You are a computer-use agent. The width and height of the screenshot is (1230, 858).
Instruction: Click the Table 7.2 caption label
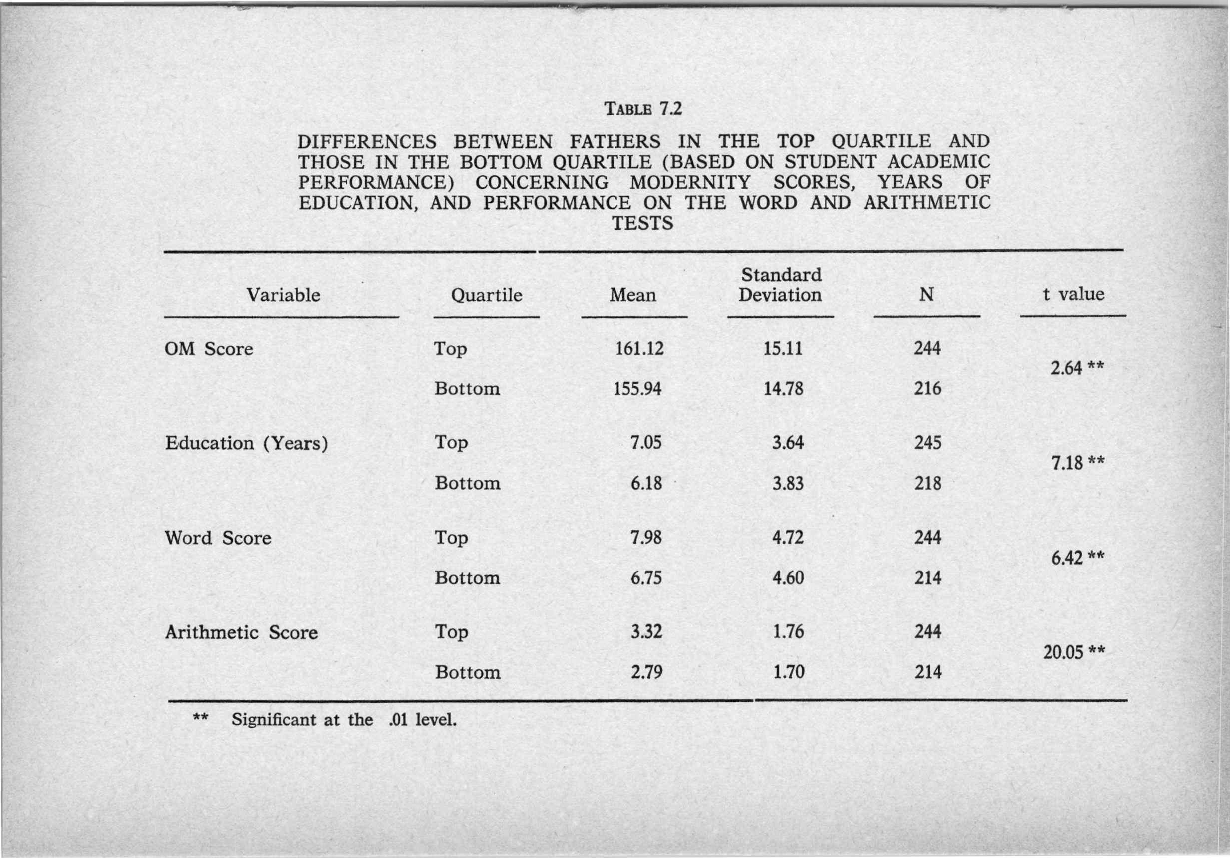click(x=643, y=109)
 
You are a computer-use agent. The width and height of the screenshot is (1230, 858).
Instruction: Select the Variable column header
click(x=283, y=295)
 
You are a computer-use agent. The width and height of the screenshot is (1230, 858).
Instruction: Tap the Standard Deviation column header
click(x=780, y=285)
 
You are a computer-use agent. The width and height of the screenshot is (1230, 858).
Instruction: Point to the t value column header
click(x=1073, y=294)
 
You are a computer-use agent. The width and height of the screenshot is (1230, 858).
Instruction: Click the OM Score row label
click(x=209, y=349)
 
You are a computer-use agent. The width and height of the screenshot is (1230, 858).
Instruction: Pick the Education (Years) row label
click(x=246, y=443)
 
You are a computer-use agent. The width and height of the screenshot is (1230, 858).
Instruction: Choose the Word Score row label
click(x=218, y=538)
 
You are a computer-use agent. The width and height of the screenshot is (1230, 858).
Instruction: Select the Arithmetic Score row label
click(x=241, y=632)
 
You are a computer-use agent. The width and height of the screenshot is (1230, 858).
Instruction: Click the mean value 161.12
click(x=639, y=349)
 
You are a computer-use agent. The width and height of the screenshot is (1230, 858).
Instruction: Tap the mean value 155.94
click(x=637, y=389)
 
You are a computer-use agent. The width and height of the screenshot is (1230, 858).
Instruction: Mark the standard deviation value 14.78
click(x=783, y=389)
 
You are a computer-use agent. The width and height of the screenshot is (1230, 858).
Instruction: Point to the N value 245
click(x=927, y=443)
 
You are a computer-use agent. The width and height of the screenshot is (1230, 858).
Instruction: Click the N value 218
click(x=927, y=483)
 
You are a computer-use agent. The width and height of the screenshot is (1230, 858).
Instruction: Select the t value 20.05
click(x=1063, y=652)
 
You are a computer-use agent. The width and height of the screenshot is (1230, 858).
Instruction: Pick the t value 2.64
click(x=1066, y=368)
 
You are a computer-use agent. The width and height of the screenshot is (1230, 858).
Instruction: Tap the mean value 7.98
click(x=646, y=537)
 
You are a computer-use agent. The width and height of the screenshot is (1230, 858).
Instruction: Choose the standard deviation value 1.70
click(x=788, y=672)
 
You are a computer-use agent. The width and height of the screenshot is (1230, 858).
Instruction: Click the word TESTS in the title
click(x=642, y=223)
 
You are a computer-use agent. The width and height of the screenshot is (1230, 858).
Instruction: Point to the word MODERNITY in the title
click(x=690, y=183)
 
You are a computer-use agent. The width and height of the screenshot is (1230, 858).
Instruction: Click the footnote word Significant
click(x=274, y=720)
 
